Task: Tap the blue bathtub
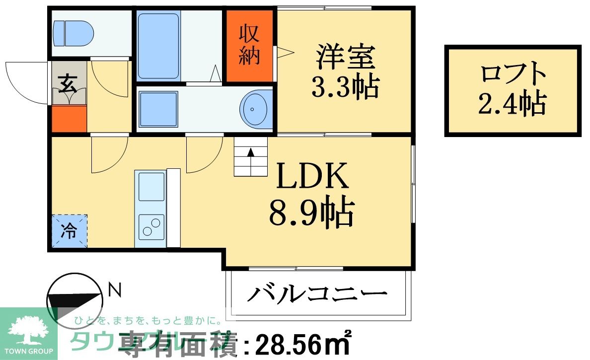(x=158, y=46)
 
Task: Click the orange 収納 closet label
(x=249, y=45)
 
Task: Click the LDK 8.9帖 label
(x=311, y=196)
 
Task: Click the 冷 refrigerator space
(x=70, y=231)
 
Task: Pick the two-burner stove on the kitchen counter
(x=150, y=226)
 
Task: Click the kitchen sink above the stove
(x=151, y=186)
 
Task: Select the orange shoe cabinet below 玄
(x=70, y=119)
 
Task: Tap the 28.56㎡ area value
(x=303, y=343)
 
